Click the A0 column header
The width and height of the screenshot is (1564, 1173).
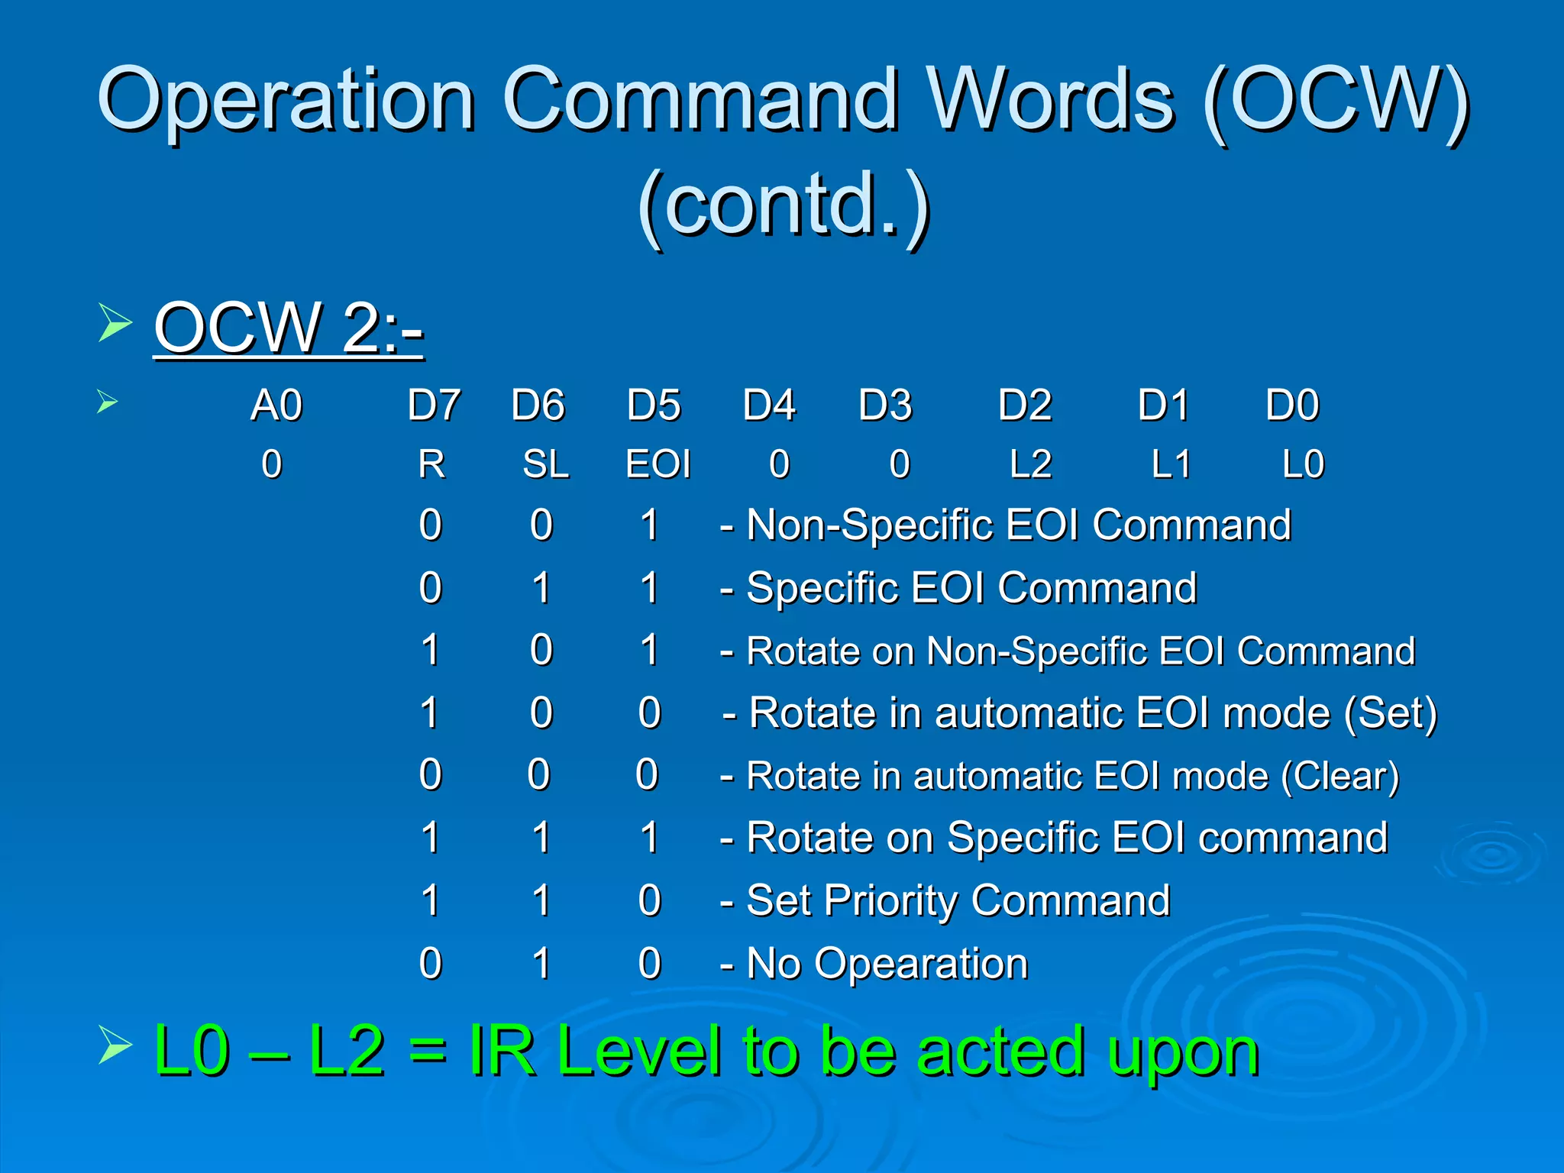coord(276,405)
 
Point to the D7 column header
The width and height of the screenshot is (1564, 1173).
coord(434,405)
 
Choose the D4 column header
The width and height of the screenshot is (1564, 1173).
coord(769,405)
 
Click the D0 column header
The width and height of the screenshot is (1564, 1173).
coord(1292,405)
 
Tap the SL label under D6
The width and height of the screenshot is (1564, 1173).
coord(545,464)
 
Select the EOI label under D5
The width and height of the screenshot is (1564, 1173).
coord(658,464)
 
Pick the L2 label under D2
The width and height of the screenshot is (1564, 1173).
coord(1030,464)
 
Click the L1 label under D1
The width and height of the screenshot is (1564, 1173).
coord(1171,464)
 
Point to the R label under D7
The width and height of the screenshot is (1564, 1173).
coord(431,464)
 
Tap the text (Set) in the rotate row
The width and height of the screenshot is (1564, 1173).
coord(1391,713)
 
